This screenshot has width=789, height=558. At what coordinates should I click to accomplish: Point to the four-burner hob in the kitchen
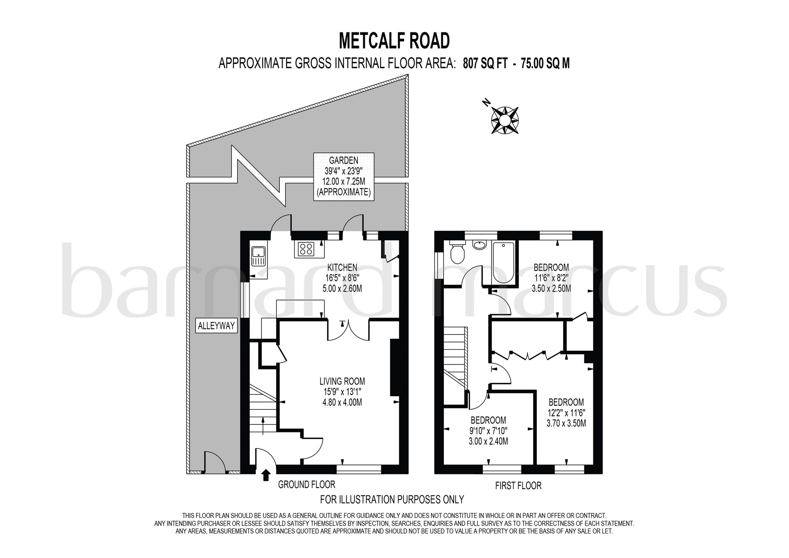(x=306, y=249)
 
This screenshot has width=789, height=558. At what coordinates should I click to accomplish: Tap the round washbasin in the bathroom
(x=480, y=245)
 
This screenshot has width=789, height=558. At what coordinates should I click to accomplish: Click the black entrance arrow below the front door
(x=266, y=475)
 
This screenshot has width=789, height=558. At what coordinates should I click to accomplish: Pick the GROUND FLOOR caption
(x=306, y=485)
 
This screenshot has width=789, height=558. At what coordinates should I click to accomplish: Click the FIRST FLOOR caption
(x=518, y=485)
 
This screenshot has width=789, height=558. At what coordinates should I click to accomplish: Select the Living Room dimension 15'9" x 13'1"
(x=342, y=392)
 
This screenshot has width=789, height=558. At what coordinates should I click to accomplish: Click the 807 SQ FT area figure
(x=485, y=63)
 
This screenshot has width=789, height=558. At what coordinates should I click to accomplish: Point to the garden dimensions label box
(x=344, y=176)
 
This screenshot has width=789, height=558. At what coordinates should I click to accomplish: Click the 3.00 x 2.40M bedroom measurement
(x=488, y=441)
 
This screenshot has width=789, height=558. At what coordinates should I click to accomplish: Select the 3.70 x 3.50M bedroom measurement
(x=566, y=423)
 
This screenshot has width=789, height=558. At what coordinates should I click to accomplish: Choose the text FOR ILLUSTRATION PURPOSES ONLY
(x=392, y=499)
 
